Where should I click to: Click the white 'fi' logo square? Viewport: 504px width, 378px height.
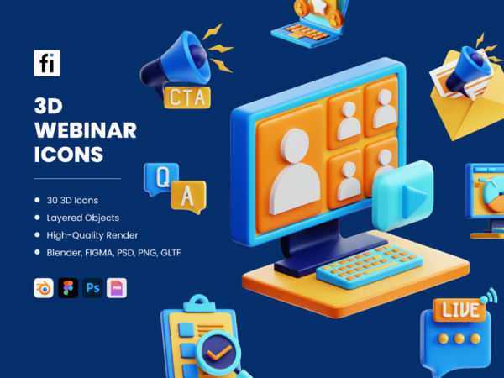(47, 63)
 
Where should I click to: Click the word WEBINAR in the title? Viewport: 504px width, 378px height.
(86, 131)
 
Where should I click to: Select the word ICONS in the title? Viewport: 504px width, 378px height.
(69, 155)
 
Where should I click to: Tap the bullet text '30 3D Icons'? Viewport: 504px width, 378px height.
(73, 200)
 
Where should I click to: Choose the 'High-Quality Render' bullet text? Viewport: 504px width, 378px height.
(93, 234)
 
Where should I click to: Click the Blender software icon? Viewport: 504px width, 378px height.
(43, 288)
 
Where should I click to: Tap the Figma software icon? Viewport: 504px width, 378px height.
(68, 288)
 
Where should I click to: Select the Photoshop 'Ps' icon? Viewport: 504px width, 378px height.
(92, 288)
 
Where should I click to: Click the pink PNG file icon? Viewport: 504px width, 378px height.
(117, 288)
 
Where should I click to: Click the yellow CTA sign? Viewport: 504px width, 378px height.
(187, 97)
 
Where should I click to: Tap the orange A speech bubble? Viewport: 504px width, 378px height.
(188, 196)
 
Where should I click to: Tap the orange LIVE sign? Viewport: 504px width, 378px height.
(458, 311)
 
